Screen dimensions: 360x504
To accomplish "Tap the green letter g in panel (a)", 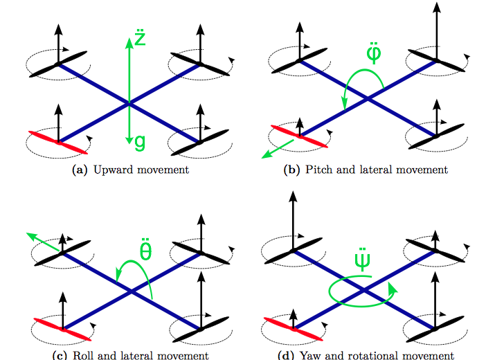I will point(140,142).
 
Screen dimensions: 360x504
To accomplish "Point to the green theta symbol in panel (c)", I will point(146,250).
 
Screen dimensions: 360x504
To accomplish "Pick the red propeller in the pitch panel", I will point(298,136).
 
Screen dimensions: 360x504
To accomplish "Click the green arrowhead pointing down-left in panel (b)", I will point(265,156).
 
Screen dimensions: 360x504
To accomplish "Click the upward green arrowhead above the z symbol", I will point(129,42).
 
